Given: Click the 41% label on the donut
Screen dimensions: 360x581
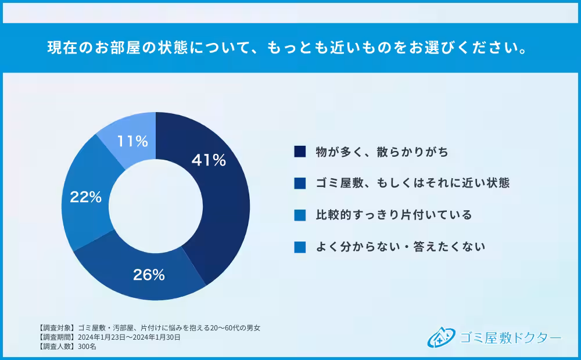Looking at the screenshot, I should coord(209,160).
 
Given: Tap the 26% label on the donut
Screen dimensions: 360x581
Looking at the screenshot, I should coord(149,275).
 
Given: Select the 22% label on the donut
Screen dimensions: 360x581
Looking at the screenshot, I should coord(85,197).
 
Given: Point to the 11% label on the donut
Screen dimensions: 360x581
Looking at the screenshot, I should coord(133,141).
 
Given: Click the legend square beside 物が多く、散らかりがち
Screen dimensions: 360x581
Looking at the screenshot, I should coord(300,152).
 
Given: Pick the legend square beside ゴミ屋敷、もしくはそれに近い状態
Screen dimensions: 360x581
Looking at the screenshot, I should coord(300,183).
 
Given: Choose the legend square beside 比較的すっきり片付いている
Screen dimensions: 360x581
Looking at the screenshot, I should coord(300,215).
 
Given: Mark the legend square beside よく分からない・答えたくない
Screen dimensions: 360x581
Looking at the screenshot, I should coord(300,247).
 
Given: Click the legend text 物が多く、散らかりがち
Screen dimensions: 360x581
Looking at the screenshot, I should coord(382,152).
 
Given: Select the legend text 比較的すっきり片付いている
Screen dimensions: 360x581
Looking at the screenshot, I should coord(393,215).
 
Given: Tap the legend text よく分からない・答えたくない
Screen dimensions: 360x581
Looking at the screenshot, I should coord(400,247).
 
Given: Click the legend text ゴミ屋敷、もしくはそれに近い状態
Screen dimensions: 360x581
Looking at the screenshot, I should coord(413,183).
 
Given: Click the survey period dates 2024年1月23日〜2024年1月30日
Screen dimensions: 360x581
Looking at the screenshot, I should coord(129,337).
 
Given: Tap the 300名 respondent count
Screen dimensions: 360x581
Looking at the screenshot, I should coord(87,346).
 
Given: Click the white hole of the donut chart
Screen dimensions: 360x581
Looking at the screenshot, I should coord(156,206).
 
